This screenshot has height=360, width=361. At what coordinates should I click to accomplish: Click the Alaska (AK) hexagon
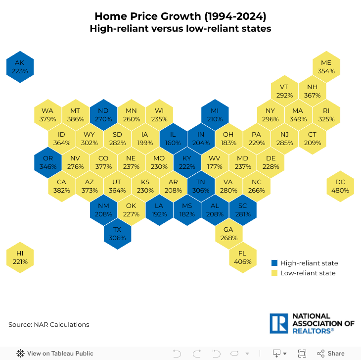tap(20, 67)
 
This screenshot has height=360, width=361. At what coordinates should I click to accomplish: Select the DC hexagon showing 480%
tap(340, 186)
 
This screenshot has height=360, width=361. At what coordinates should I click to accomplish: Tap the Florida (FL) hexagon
tap(242, 257)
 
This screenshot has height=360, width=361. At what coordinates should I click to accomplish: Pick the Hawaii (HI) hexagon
tap(20, 257)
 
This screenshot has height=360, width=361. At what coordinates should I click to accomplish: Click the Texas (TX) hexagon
tap(117, 234)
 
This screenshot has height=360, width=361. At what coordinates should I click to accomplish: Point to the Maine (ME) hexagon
tap(326, 67)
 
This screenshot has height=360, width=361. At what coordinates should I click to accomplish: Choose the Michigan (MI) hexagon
tap(215, 115)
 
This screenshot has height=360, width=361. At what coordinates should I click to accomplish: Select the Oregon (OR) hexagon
tap(48, 162)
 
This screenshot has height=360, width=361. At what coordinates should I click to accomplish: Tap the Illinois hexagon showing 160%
tap(173, 139)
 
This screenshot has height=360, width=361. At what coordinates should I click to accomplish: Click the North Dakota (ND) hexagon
tap(103, 115)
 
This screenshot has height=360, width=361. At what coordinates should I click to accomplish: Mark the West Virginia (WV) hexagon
tap(215, 162)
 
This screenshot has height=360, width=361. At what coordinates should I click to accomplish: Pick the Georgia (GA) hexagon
tap(228, 234)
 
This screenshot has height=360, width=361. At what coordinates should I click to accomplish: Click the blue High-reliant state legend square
tap(275, 263)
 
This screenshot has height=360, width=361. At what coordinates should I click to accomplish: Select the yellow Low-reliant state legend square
tap(275, 273)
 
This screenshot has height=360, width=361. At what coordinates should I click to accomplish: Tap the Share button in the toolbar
tap(331, 354)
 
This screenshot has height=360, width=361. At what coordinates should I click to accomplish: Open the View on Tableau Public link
tap(55, 354)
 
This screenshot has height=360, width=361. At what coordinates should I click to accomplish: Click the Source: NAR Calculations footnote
tap(49, 325)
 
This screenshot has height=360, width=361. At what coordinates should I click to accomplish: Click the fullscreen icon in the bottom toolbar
tap(302, 354)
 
